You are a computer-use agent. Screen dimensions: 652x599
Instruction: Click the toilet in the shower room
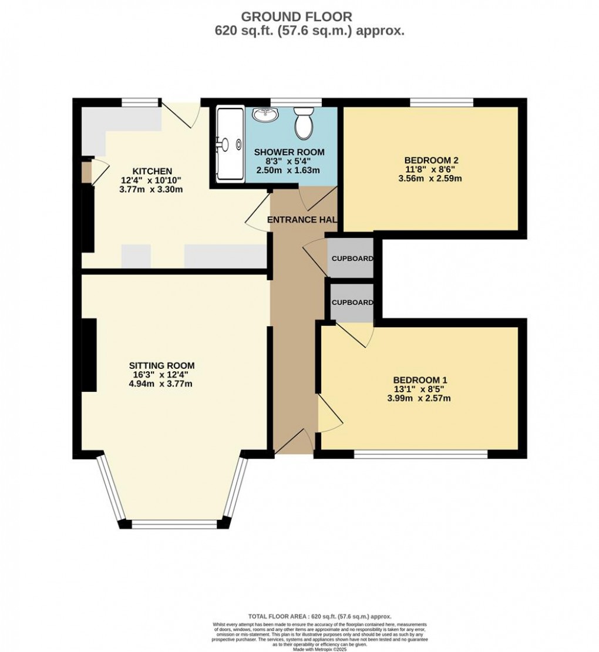pyautogui.click(x=304, y=123)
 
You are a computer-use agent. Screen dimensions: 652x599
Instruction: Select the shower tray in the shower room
pyautogui.click(x=230, y=143)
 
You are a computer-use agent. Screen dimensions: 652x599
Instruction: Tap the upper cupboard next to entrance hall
pyautogui.click(x=351, y=258)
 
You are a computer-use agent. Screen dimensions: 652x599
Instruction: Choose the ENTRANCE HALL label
pyautogui.click(x=302, y=220)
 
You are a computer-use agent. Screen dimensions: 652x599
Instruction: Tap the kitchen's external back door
pyautogui.click(x=181, y=113)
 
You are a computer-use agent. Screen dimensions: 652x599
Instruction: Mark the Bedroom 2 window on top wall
pyautogui.click(x=441, y=102)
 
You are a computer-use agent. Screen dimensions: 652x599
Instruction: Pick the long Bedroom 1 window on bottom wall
pyautogui.click(x=421, y=453)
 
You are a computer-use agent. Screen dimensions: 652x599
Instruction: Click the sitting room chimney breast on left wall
pyautogui.click(x=89, y=355)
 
